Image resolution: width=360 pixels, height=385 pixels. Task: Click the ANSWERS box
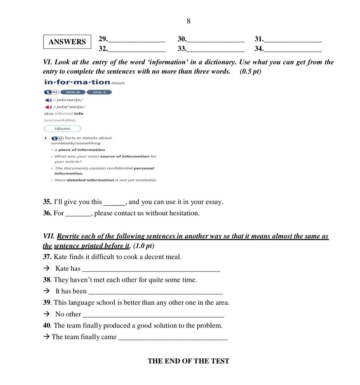point(67,42)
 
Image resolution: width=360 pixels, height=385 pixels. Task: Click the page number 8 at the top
point(188,21)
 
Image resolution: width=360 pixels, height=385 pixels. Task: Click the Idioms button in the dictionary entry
point(63,129)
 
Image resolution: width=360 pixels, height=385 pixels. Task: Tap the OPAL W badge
point(73,92)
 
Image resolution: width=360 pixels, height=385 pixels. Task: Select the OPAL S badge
point(99,92)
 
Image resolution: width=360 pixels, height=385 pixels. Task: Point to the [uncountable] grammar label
point(59,120)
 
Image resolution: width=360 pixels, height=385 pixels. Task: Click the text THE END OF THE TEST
point(188,361)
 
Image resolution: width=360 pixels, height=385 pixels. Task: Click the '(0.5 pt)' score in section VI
point(251,71)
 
